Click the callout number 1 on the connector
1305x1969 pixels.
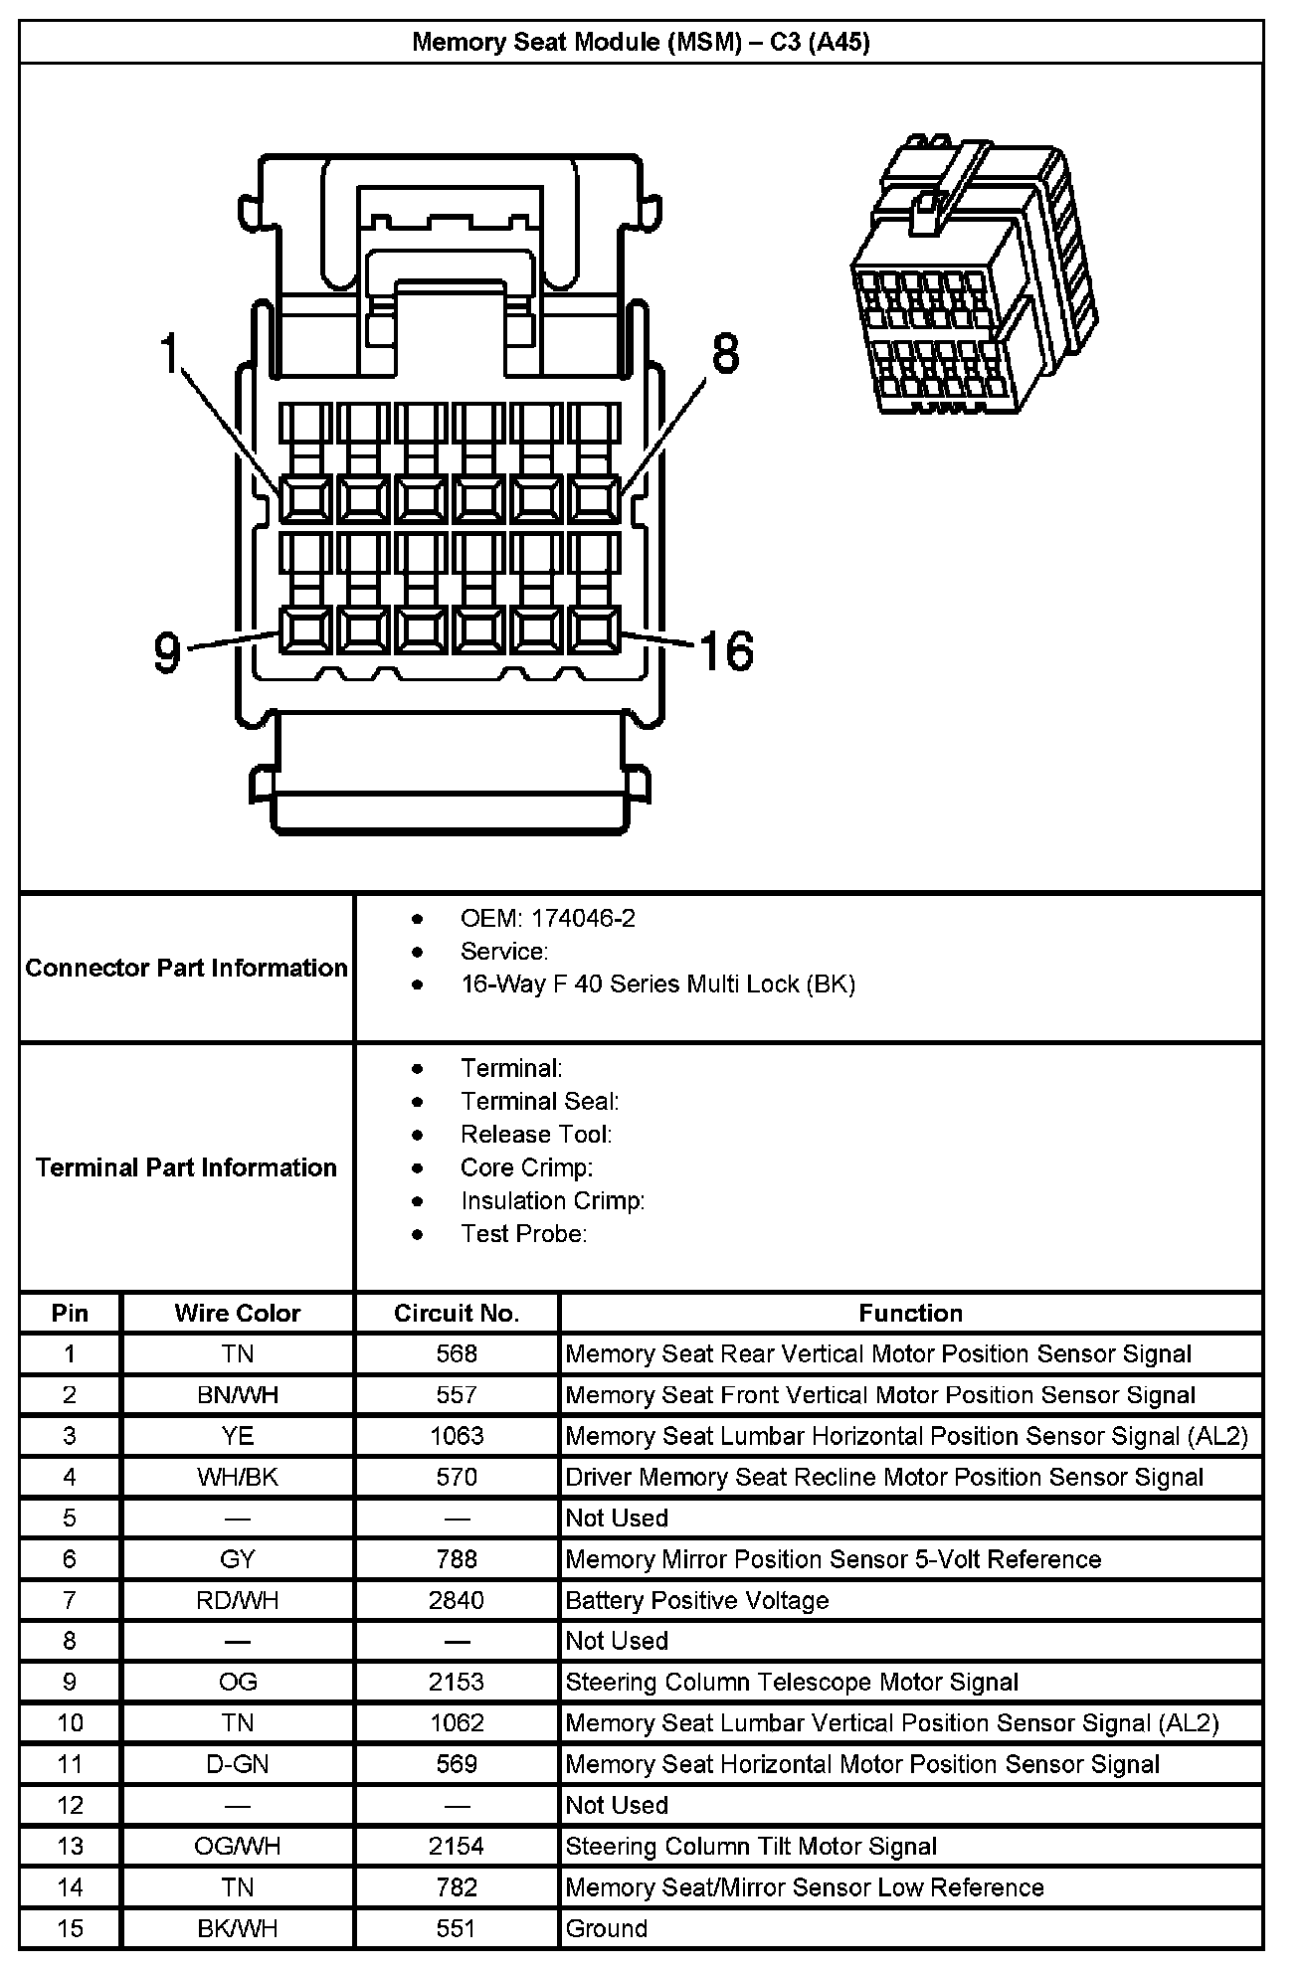171,354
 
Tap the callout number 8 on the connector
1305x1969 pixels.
726,353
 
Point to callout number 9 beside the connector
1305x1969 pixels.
167,652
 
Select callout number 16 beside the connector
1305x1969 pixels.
727,651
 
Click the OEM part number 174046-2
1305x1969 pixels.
583,918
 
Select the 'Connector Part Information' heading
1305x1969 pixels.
187,968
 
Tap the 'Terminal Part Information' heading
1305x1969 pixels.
187,1166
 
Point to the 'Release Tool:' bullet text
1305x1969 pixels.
536,1134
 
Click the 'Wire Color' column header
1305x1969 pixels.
237,1313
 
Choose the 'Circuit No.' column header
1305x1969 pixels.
457,1313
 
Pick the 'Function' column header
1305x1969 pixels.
910,1313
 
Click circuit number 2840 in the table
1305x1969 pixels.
457,1600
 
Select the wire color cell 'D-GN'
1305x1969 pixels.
237,1764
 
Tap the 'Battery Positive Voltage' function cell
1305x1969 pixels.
696,1600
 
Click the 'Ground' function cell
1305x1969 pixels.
606,1928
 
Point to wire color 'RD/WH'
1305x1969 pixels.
237,1600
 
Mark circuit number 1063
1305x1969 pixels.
457,1436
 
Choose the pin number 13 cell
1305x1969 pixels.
70,1846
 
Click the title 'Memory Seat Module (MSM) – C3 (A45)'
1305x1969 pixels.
641,42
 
